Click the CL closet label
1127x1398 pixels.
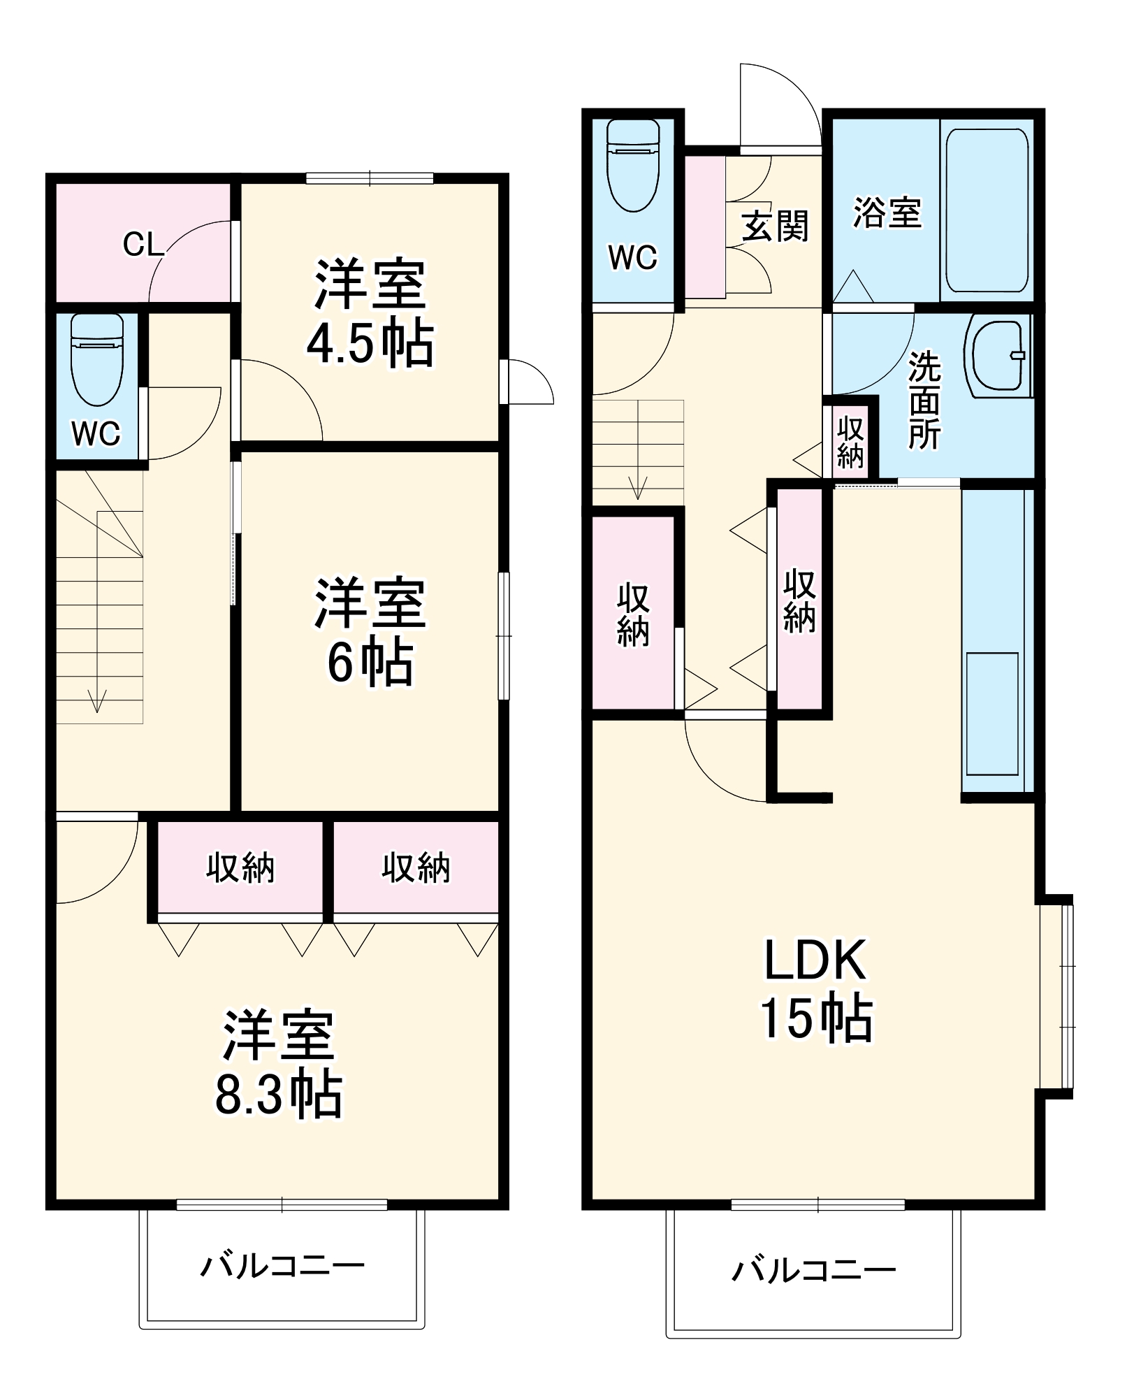tap(143, 245)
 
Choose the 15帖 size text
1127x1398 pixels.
tap(816, 1018)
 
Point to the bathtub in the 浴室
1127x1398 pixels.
tap(987, 210)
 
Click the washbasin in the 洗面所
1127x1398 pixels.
tap(998, 356)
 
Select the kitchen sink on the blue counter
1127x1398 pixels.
tap(992, 713)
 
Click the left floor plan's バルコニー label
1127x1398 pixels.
tap(283, 1266)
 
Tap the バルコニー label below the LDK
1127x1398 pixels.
tap(814, 1269)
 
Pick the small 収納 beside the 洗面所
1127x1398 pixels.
tap(850, 442)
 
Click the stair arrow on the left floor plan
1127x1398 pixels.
tap(96, 699)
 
